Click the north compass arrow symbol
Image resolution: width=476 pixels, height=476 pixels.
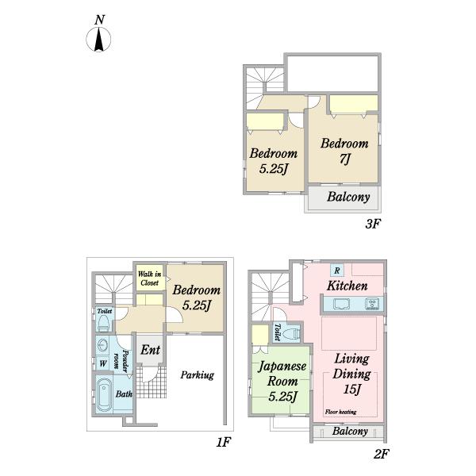click(x=98, y=40)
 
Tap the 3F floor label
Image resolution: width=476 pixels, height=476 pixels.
click(x=373, y=224)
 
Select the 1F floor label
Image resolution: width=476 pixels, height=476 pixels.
click(x=224, y=442)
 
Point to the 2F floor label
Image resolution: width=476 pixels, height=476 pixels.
click(x=381, y=454)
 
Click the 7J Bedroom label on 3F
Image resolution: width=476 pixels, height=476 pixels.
click(x=344, y=152)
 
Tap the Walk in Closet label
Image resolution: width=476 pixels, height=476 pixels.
click(x=149, y=278)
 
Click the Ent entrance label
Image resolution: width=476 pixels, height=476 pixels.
click(x=150, y=350)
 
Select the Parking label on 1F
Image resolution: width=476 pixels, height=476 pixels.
click(x=197, y=375)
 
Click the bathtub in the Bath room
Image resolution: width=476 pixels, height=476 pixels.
click(x=104, y=394)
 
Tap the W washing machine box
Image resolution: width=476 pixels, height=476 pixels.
click(x=103, y=363)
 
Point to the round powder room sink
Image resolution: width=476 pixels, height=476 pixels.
click(x=103, y=345)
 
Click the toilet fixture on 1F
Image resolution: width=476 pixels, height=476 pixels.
click(x=103, y=323)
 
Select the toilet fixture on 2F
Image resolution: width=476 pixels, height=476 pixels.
click(x=291, y=334)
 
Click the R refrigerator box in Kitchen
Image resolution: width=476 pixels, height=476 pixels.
click(x=337, y=271)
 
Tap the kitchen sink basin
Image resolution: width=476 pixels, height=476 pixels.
click(x=341, y=304)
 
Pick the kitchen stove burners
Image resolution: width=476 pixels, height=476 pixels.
click(x=372, y=304)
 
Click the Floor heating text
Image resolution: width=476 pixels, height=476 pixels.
click(x=340, y=412)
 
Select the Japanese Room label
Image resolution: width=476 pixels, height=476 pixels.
click(x=282, y=381)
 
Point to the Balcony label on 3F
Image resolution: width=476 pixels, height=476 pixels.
click(x=348, y=197)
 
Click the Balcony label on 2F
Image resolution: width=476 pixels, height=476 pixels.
click(x=350, y=431)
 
